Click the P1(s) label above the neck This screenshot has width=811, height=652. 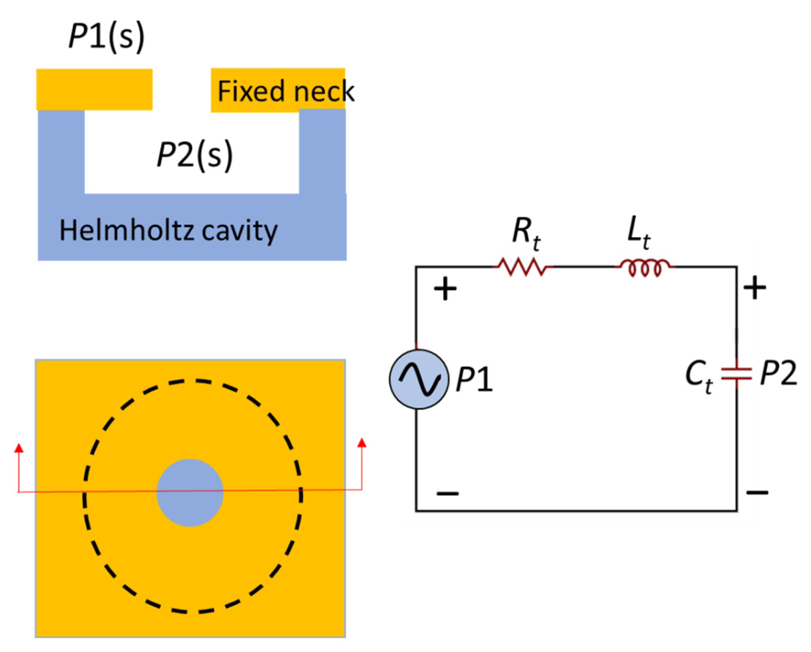coord(106,37)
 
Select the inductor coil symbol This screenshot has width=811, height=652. coord(645,267)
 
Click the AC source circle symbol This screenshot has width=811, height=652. coord(419,379)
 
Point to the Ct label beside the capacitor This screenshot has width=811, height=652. coord(698,376)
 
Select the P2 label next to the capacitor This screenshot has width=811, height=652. coord(778,374)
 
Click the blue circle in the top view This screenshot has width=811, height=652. coord(190,493)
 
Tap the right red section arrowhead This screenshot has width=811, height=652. coord(362,443)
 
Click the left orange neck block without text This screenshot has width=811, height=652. coord(94,89)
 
